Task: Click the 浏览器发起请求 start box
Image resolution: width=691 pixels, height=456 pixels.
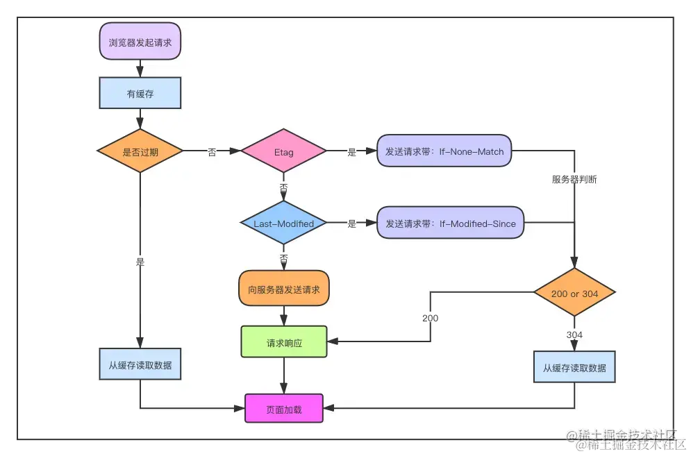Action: tap(140, 42)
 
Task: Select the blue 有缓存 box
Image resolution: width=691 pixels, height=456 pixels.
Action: tap(140, 94)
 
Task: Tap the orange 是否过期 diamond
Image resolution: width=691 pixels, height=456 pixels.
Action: tap(140, 152)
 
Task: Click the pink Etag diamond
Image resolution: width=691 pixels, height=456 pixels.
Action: tap(283, 152)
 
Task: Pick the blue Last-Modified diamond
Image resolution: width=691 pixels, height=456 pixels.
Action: tap(283, 223)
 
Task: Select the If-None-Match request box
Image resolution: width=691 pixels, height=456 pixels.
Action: tap(444, 151)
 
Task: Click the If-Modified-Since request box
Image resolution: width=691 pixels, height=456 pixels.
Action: tap(450, 223)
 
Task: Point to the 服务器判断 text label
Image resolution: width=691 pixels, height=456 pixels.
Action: tap(574, 179)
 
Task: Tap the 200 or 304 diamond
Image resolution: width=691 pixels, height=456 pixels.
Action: tap(574, 294)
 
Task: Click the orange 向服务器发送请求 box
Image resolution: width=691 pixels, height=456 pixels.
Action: tap(284, 289)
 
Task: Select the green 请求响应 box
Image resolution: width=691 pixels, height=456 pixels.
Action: tap(284, 342)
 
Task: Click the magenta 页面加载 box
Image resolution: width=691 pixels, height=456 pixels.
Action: tap(284, 409)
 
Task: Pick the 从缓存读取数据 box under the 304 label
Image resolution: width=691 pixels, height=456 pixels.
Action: tap(574, 368)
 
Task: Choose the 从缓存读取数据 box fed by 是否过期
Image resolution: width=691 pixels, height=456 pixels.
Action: tap(140, 364)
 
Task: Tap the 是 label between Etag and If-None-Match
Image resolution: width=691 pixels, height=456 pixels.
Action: tap(351, 153)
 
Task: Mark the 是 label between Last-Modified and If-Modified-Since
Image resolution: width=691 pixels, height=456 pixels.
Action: tap(351, 224)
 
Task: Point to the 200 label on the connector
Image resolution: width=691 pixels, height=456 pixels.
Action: tap(430, 318)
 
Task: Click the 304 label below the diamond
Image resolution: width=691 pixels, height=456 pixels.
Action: tap(574, 335)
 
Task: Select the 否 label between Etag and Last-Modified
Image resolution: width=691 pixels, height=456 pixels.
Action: tap(283, 188)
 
